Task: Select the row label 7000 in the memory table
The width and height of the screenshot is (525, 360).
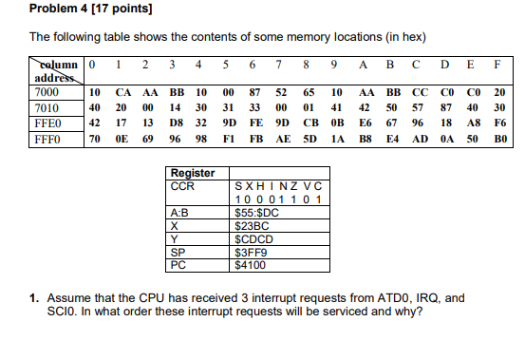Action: pos(47,93)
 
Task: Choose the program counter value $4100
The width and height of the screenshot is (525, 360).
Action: pos(250,267)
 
